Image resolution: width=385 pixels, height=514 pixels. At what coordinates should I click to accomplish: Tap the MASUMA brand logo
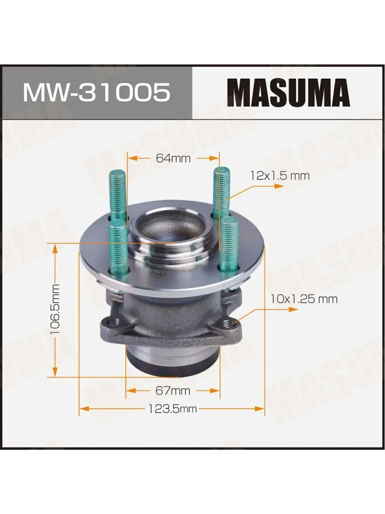click(288, 93)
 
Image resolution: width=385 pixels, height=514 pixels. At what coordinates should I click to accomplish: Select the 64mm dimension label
click(173, 158)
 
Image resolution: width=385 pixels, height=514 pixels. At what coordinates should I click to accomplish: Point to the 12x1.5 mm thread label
click(280, 176)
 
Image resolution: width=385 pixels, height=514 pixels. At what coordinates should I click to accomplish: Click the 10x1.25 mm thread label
click(304, 299)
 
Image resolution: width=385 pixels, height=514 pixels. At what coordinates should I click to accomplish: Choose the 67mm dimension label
click(173, 390)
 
